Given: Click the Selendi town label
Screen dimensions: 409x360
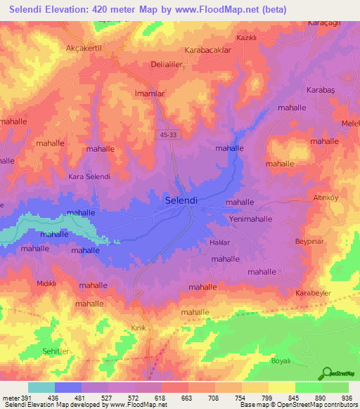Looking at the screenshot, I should pyautogui.click(x=180, y=200).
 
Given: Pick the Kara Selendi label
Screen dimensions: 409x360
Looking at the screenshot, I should pyautogui.click(x=89, y=176).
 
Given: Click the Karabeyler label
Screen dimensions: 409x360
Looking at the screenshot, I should pyautogui.click(x=313, y=292).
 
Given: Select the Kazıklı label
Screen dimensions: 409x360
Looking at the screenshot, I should pyautogui.click(x=246, y=37).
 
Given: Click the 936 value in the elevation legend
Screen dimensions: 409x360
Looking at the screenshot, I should pyautogui.click(x=347, y=398).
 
